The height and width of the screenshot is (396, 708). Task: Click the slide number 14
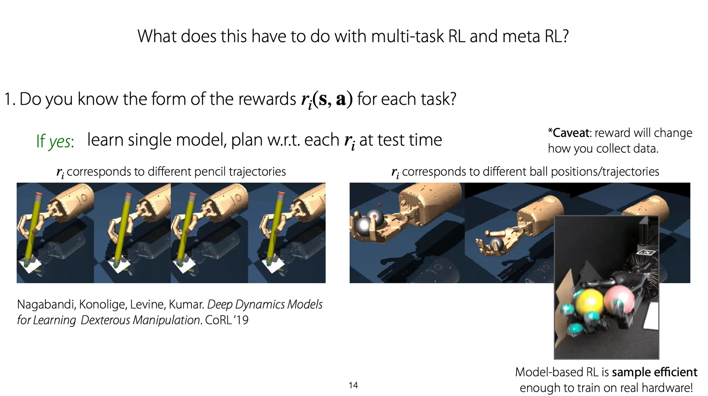point(353,385)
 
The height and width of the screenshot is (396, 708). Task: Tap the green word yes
point(61,141)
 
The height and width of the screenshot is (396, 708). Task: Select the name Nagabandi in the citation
point(46,305)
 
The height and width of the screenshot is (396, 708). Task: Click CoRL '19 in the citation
point(227,320)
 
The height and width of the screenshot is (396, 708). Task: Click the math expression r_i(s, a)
point(327,100)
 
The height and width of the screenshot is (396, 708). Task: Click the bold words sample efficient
point(654,372)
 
